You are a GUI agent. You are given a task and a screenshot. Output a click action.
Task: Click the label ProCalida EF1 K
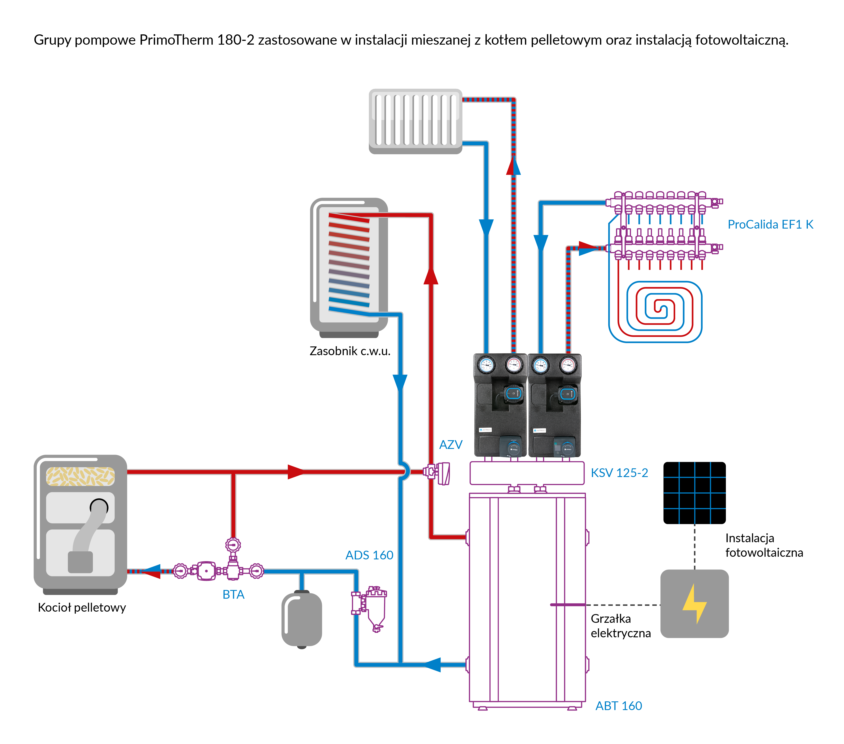pyautogui.click(x=770, y=225)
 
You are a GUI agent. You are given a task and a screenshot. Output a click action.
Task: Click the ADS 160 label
pyautogui.click(x=369, y=555)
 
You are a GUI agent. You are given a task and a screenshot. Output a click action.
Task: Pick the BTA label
pyautogui.click(x=233, y=594)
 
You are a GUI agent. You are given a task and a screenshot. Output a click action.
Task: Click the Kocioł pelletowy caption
pyautogui.click(x=82, y=608)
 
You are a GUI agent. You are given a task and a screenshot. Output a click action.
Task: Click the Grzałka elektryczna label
pyautogui.click(x=620, y=626)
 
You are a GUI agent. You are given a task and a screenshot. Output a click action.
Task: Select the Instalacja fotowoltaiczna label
pyautogui.click(x=764, y=545)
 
